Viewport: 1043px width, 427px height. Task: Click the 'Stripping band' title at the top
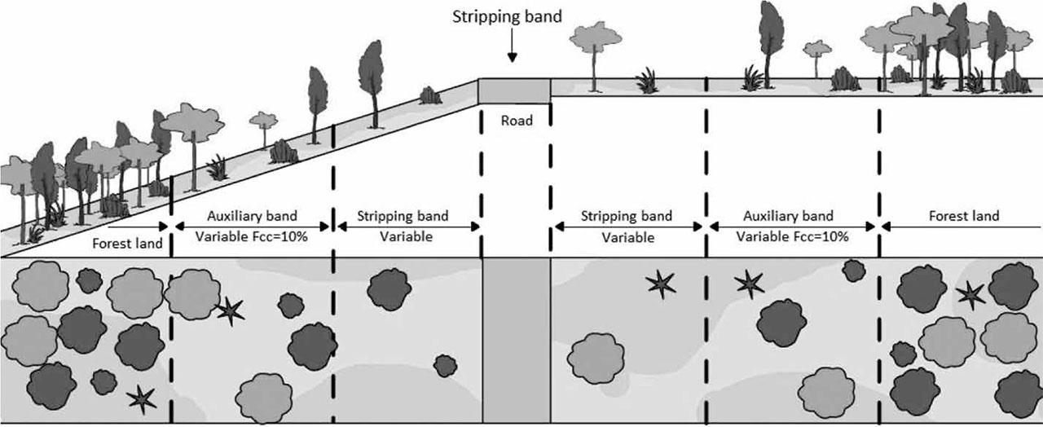tap(507, 16)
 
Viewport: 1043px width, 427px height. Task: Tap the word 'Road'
tap(517, 121)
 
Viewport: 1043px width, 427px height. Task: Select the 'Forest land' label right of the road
tap(964, 216)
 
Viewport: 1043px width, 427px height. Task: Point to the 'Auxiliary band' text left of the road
tap(252, 217)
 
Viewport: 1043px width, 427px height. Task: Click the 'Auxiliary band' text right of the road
tap(788, 216)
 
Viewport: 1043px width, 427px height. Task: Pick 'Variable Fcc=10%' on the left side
tap(252, 237)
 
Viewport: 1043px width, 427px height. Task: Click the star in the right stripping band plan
tap(660, 284)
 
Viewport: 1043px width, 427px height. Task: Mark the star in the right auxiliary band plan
tap(749, 284)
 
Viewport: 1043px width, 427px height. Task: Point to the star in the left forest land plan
tap(142, 398)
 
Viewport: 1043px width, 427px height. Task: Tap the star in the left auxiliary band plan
tap(230, 309)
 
